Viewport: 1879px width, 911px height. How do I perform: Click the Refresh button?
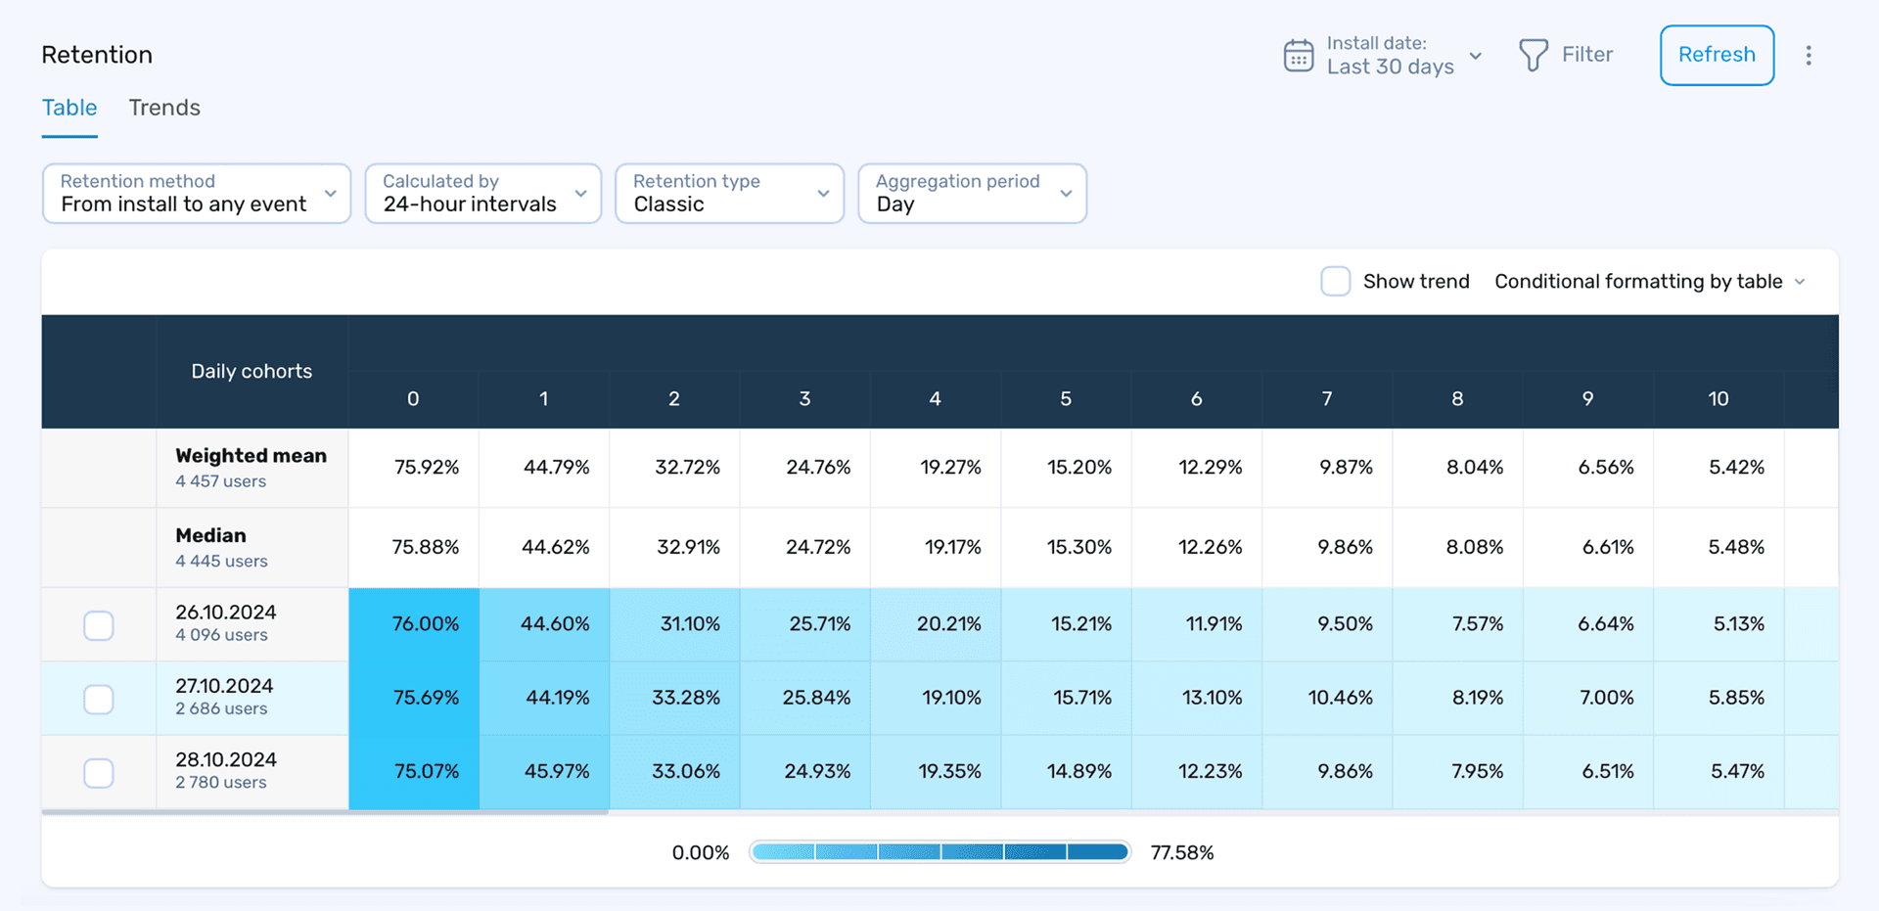(x=1716, y=55)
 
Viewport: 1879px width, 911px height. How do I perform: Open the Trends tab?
(x=164, y=108)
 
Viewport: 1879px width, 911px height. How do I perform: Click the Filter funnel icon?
(x=1533, y=55)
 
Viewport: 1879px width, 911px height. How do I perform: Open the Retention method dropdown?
(x=196, y=194)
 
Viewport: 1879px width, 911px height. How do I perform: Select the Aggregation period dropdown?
(x=971, y=194)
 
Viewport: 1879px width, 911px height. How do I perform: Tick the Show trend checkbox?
(x=1335, y=281)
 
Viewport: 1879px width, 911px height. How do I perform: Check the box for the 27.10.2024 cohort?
(x=99, y=699)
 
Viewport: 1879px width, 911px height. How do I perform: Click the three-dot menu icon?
(x=1808, y=55)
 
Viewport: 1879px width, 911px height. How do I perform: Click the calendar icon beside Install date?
(x=1298, y=56)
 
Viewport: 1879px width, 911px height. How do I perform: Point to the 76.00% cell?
(x=425, y=624)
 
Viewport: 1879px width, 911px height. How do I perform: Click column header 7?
(x=1326, y=398)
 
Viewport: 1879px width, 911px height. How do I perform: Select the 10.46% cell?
(x=1340, y=698)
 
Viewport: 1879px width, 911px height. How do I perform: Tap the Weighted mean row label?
(x=251, y=456)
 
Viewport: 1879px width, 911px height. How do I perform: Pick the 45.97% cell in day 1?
(x=556, y=771)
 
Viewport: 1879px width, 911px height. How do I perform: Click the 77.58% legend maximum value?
(x=1181, y=852)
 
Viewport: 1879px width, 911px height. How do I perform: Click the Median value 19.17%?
(x=952, y=547)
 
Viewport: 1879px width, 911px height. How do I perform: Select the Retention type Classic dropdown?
(x=729, y=194)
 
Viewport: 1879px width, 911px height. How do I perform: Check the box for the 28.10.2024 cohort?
(x=99, y=773)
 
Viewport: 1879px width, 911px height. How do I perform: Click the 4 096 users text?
(x=221, y=635)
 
